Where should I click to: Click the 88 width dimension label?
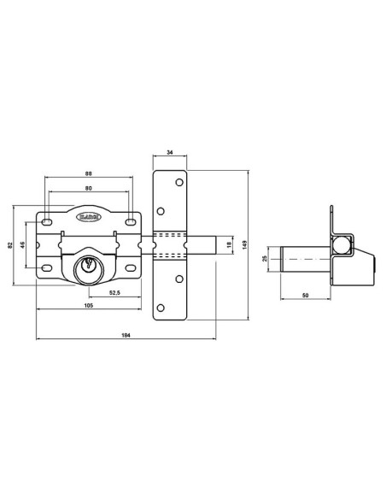click(90, 174)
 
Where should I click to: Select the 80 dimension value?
click(90, 189)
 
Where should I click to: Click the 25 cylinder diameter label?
click(266, 258)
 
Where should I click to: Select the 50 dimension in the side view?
click(305, 295)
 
